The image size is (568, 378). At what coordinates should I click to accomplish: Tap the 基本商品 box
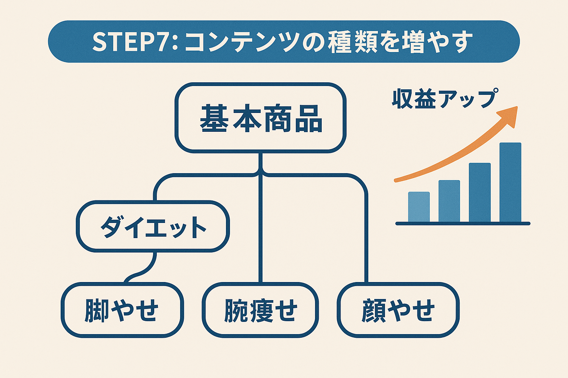point(261,118)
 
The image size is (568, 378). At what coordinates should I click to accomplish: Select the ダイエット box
point(153,226)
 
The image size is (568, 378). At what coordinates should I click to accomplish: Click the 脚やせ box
point(122,310)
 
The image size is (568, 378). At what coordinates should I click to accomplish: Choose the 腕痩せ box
point(260,310)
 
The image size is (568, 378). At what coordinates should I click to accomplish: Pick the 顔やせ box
point(398,310)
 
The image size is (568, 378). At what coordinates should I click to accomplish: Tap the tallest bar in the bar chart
point(510,182)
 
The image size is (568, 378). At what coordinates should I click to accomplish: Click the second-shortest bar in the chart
point(449,201)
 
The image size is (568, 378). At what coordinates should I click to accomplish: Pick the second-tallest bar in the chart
point(480,192)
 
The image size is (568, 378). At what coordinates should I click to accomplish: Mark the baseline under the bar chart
point(463,223)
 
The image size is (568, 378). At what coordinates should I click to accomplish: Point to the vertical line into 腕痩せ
point(261,229)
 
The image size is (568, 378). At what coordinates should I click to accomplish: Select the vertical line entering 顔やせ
point(366,240)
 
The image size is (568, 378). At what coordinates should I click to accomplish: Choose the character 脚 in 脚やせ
point(97,310)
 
